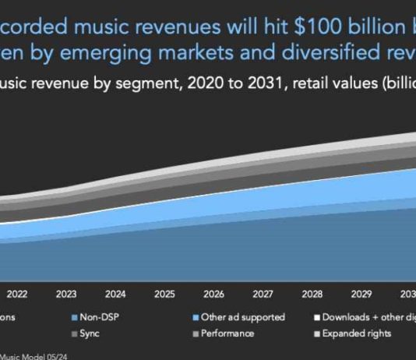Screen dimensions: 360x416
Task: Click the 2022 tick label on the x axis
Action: click(17, 295)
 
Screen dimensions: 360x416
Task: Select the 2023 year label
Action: click(66, 295)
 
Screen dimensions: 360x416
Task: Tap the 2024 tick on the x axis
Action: click(115, 295)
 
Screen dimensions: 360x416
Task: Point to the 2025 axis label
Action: click(164, 295)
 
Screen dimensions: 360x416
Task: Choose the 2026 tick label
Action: click(213, 295)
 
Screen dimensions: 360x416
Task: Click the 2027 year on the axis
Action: click(263, 295)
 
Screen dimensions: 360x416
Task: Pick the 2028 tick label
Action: click(312, 295)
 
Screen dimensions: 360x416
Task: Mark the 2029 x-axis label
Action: click(361, 295)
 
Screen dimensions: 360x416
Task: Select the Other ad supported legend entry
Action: click(242, 317)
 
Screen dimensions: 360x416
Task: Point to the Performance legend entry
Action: click(227, 334)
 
